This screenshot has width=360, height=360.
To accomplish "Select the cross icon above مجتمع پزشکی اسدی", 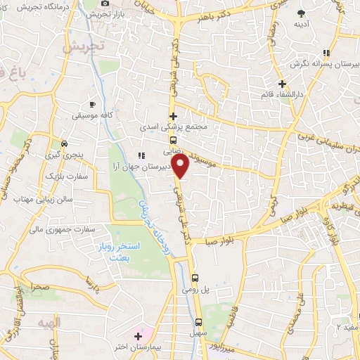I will (173, 116).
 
